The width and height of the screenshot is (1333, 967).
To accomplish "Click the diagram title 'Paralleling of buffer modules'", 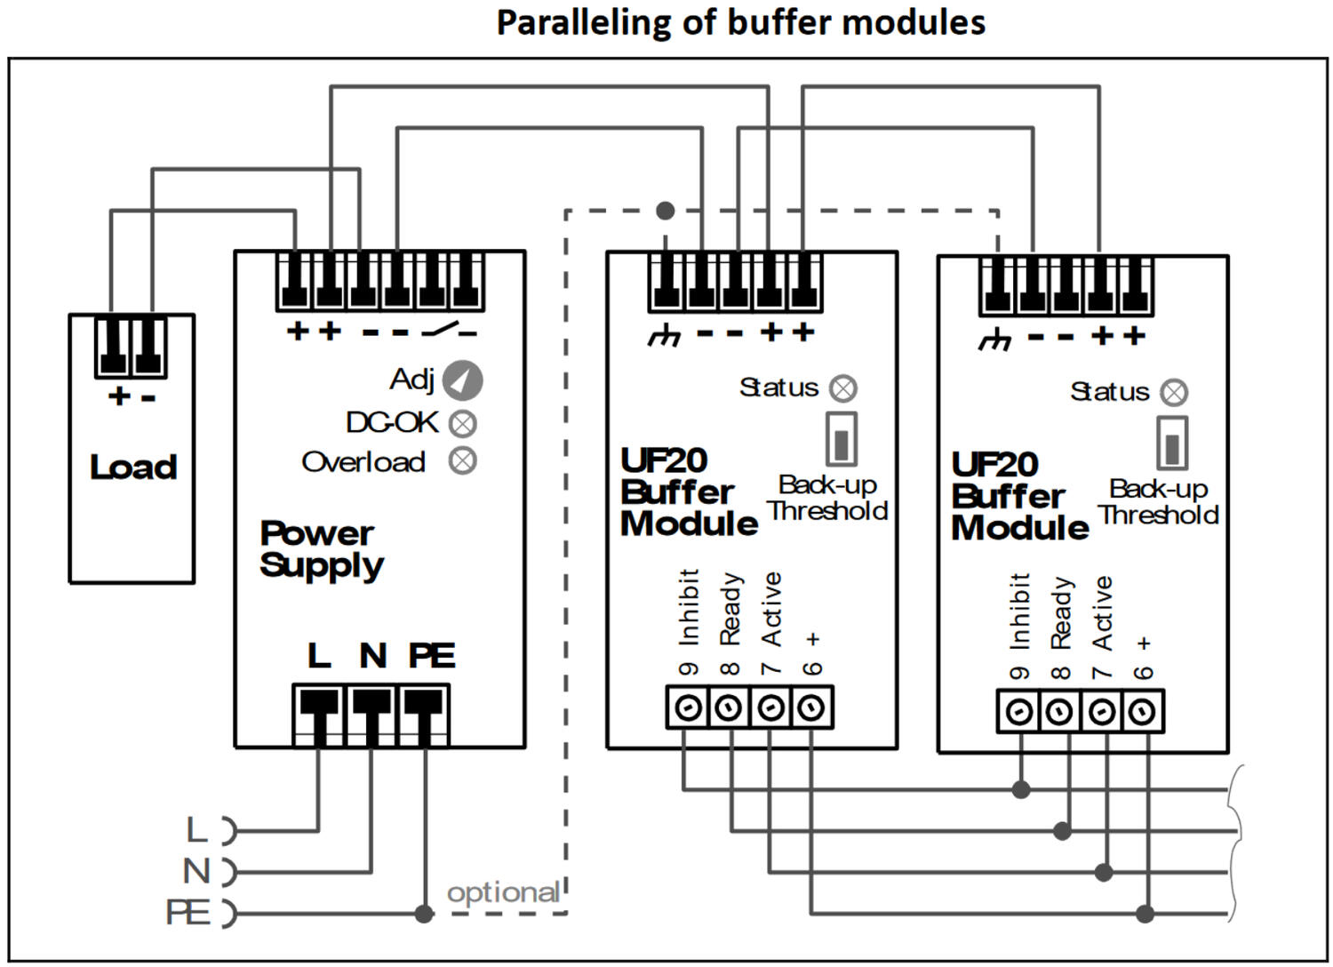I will pos(740,22).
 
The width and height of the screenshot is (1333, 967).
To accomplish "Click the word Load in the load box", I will pos(133,468).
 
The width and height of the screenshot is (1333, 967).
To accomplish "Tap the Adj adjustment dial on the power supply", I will pos(462,380).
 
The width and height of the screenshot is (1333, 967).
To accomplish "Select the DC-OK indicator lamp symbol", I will pos(462,424).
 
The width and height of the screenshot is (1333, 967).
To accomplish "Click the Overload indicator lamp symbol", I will pos(462,461).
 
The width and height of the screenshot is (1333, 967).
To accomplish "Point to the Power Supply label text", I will pos(321,549).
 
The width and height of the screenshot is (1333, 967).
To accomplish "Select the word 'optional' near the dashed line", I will pos(503,892).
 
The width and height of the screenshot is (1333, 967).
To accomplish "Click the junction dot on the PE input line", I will pos(424,913).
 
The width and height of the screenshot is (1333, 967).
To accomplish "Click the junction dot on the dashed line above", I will pos(665,211).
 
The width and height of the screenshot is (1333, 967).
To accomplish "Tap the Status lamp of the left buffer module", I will pos(842,388).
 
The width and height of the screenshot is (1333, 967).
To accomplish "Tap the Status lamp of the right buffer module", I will pos(1174,393).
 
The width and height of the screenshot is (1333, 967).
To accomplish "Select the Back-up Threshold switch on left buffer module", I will pos(841,438).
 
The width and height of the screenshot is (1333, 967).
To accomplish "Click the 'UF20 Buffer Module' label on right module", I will pos(1019,496).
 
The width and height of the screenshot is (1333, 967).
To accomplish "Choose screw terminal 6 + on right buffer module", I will pos(1143,712).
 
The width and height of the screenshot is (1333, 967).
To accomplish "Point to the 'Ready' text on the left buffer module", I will pos(730,609).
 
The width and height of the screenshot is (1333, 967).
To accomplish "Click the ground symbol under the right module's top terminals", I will pos(994,341).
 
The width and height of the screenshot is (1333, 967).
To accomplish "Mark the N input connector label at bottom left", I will pos(197,871).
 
